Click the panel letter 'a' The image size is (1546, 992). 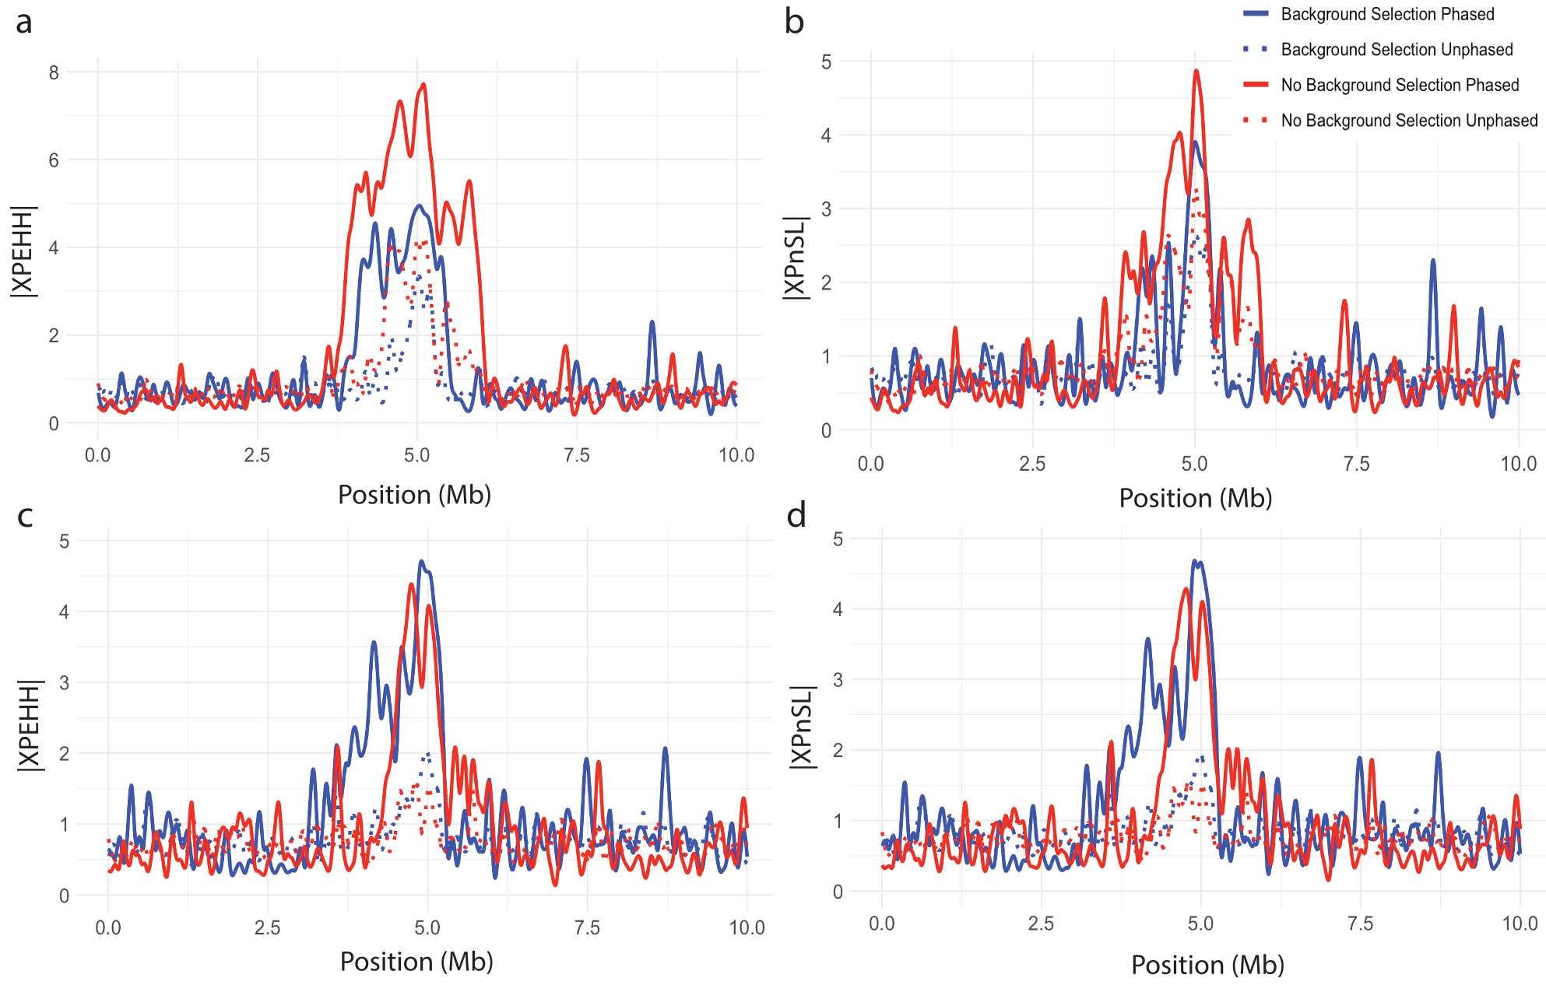pos(24,23)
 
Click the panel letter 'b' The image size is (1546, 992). pos(794,22)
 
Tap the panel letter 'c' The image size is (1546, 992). pos(25,516)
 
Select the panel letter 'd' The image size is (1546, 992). pos(796,516)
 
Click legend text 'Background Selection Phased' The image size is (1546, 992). pos(1387,14)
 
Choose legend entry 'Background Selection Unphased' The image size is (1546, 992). pos(1397,50)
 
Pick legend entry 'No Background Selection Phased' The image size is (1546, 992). pos(1400,85)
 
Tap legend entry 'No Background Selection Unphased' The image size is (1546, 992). pos(1409,121)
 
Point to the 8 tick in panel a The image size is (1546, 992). pos(54,73)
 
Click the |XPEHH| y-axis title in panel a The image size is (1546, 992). pos(23,251)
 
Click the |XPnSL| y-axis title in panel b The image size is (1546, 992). pos(796,258)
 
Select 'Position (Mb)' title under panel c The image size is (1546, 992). pos(416,962)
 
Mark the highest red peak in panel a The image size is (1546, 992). pos(423,84)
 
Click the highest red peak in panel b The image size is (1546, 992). pos(1196,71)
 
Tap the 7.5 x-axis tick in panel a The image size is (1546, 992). pos(576,456)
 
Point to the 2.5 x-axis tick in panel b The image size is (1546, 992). pos(1032,464)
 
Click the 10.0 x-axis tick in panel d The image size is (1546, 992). pos(1519,924)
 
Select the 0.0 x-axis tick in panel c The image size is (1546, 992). pos(108,927)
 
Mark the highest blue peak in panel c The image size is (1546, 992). pos(421,561)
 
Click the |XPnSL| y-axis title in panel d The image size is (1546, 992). pos(802,727)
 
